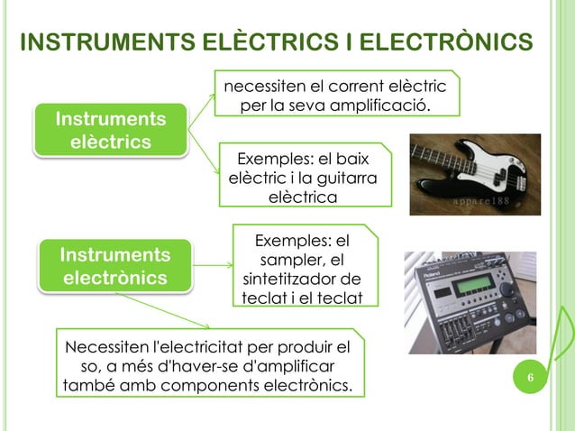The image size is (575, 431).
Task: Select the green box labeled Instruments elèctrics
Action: pyautogui.click(x=110, y=131)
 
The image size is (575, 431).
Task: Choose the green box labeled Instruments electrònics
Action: pyautogui.click(x=114, y=266)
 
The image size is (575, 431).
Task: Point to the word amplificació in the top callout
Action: pyautogui.click(x=384, y=107)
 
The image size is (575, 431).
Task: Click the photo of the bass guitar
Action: pyautogui.click(x=474, y=175)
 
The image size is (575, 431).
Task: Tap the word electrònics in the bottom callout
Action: pyautogui.click(x=303, y=387)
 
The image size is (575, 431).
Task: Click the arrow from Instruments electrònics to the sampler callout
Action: pyautogui.click(x=213, y=266)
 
